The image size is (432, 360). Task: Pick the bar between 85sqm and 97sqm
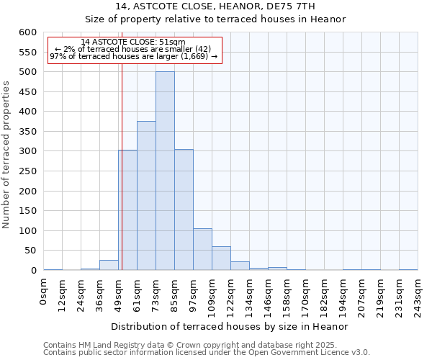pos(184,210)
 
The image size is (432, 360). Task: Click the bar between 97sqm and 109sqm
pos(202,249)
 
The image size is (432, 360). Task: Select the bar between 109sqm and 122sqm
pos(221,258)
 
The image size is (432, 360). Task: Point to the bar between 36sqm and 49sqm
pos(109,265)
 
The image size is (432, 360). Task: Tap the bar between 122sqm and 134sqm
pos(240,266)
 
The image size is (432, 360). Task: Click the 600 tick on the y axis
pos(27,32)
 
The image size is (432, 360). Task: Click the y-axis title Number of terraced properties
pos(6,155)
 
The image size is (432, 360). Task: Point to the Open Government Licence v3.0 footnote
pos(207,353)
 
